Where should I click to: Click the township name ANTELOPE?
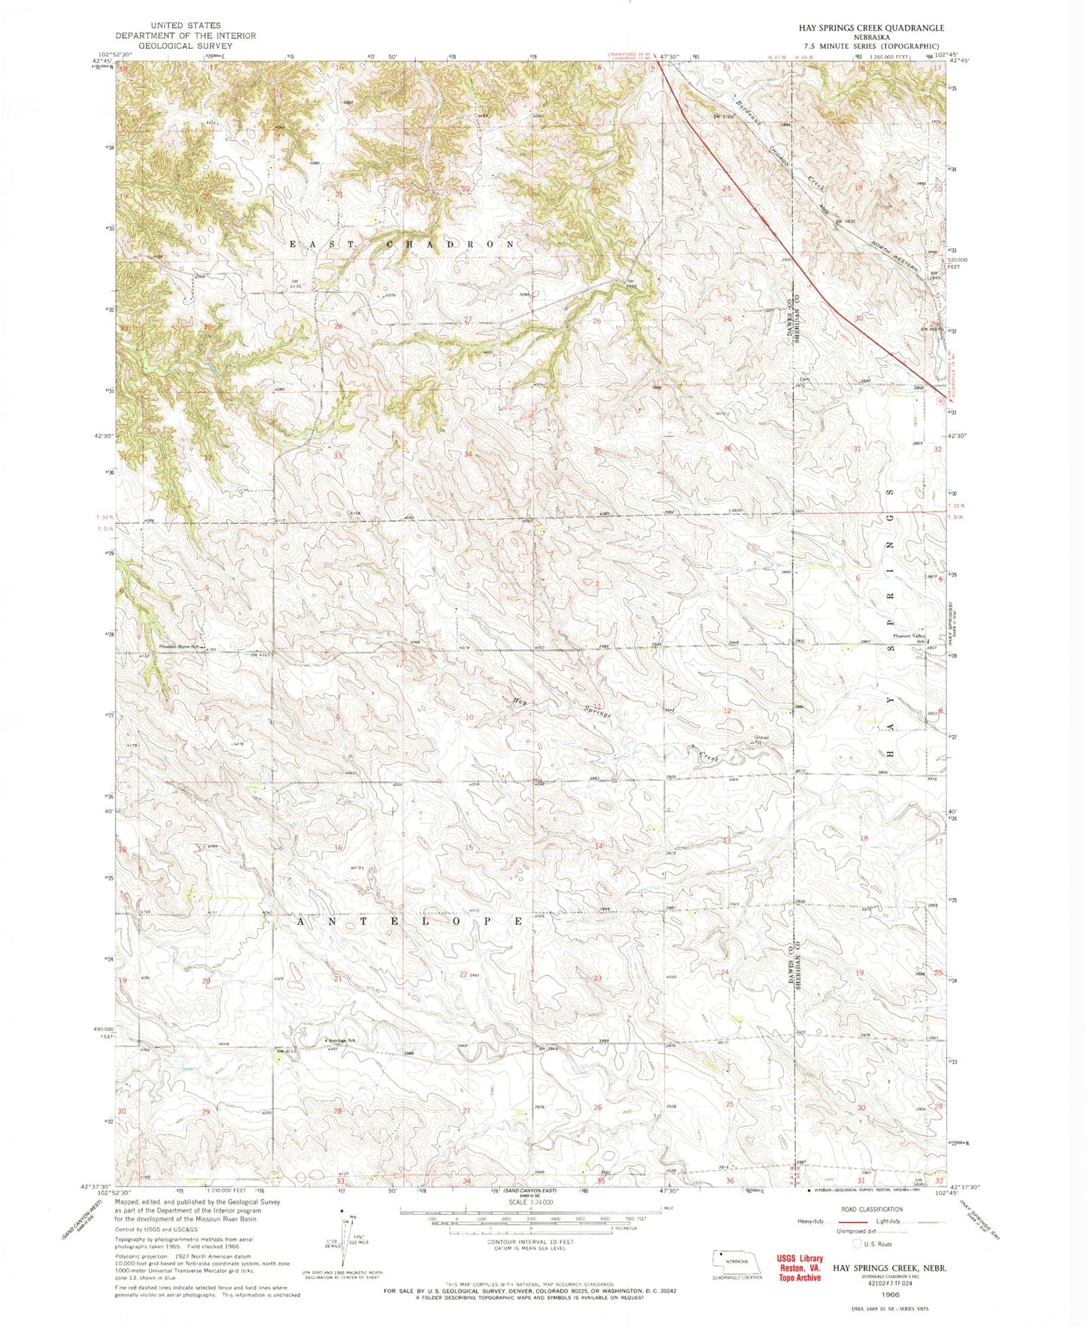(x=409, y=921)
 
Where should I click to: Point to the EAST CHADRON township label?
(x=404, y=244)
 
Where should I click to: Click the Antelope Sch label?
(x=340, y=1040)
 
